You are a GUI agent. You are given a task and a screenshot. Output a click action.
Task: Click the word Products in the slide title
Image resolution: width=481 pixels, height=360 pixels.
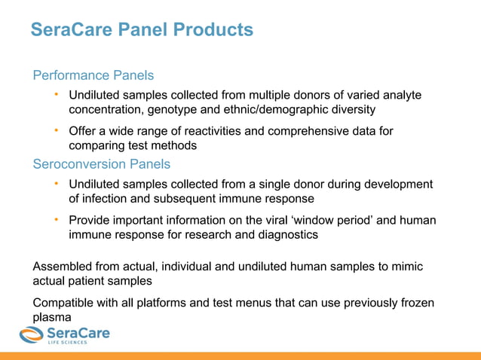click(213, 30)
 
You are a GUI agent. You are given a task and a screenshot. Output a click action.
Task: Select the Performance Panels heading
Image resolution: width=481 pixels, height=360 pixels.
click(93, 75)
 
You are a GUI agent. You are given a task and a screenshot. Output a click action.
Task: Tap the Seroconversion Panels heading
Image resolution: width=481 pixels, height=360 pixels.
click(102, 163)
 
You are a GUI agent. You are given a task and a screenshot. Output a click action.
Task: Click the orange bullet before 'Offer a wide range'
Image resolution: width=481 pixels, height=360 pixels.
click(56, 130)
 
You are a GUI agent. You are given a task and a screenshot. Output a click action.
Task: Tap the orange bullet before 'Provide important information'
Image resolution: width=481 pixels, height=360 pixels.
click(56, 219)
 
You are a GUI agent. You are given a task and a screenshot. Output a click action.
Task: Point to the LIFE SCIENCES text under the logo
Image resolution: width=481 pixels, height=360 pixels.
click(68, 343)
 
